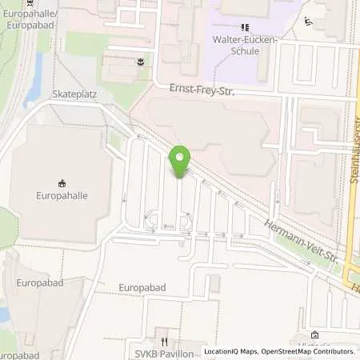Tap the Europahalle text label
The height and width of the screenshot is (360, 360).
pos(62,194)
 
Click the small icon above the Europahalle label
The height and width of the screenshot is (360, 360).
pos(62,182)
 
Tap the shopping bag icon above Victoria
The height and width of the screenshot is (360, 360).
pos(314,334)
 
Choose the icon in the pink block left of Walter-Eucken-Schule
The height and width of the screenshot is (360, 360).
pos(141,61)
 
